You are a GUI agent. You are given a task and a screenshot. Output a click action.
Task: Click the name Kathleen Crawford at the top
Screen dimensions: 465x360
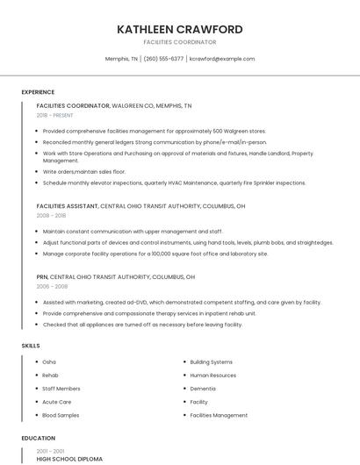pyautogui.click(x=179, y=29)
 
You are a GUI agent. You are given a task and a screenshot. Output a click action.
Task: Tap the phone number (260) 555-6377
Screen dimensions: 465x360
pyautogui.click(x=163, y=59)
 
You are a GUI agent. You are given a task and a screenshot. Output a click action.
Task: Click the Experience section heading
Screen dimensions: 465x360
pyautogui.click(x=38, y=92)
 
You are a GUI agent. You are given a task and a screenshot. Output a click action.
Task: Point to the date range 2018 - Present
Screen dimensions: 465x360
pyautogui.click(x=54, y=115)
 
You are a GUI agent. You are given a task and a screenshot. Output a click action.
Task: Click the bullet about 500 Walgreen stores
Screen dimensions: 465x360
pyautogui.click(x=154, y=131)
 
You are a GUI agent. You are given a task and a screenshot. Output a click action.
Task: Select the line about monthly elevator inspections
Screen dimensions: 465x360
pyautogui.click(x=174, y=183)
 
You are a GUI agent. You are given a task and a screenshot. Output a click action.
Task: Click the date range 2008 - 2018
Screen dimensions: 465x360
pyautogui.click(x=51, y=215)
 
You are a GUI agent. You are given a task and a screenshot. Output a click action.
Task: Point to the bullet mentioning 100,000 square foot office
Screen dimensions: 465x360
pyautogui.click(x=155, y=254)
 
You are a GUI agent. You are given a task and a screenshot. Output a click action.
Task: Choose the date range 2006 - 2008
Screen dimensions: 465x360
pyautogui.click(x=51, y=286)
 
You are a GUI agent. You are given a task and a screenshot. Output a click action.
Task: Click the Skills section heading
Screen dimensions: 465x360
pyautogui.click(x=31, y=346)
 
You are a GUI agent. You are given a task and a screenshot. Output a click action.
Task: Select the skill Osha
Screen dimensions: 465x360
pyautogui.click(x=49, y=361)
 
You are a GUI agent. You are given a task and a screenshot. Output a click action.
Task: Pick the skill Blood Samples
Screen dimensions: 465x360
pyautogui.click(x=61, y=415)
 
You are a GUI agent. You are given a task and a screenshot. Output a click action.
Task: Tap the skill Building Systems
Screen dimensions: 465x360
pyautogui.click(x=211, y=361)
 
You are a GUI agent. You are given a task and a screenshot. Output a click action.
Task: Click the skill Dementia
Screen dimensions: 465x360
pyautogui.click(x=202, y=389)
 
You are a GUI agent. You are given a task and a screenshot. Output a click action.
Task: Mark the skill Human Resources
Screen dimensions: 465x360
pyautogui.click(x=212, y=375)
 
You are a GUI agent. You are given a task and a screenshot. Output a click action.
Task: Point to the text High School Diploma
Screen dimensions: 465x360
pyautogui.click(x=69, y=459)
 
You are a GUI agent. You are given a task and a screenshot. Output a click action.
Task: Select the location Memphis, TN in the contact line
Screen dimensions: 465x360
pyautogui.click(x=121, y=59)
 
